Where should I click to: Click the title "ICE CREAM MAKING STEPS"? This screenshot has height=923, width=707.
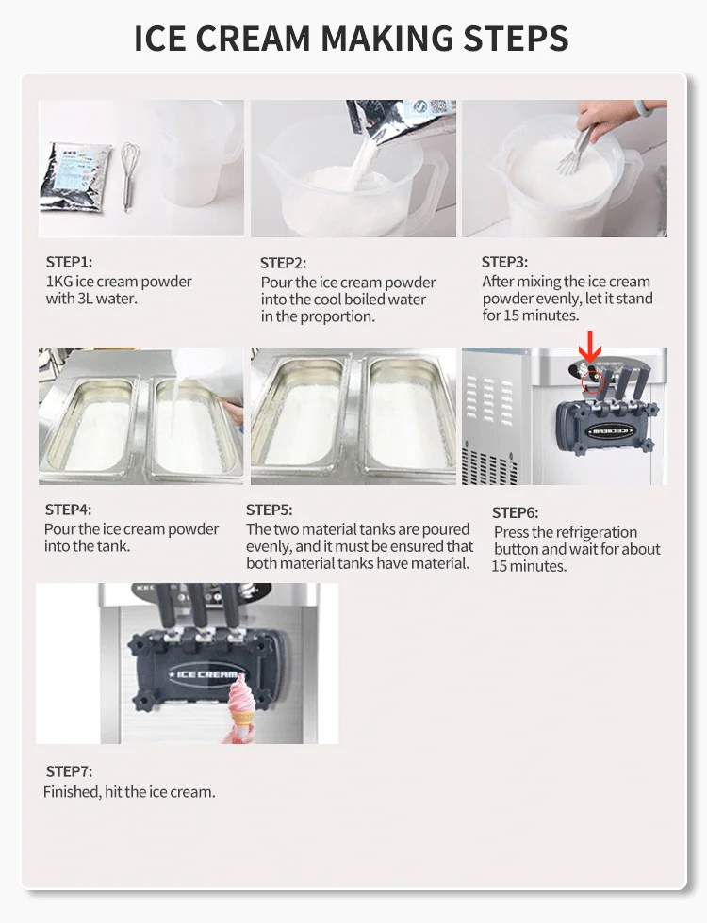pos(352,39)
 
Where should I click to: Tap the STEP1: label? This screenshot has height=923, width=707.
pos(69,263)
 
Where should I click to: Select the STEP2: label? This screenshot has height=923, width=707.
pos(283,264)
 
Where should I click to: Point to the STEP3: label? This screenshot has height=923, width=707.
pos(504,262)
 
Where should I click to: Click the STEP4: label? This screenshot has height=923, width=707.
pos(68,510)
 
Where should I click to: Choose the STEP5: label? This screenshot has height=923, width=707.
pos(270,510)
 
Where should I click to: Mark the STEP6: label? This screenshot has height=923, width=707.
pos(515,512)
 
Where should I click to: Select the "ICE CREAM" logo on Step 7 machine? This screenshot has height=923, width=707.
pos(206,674)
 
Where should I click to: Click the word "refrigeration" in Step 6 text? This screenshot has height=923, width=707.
pos(586,532)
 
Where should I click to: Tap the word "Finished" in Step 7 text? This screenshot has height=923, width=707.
pos(71,792)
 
